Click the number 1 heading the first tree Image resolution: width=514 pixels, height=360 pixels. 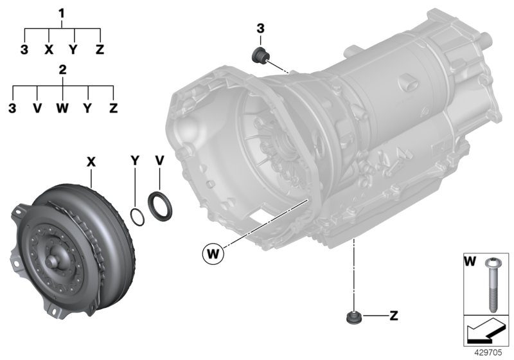click(x=62, y=13)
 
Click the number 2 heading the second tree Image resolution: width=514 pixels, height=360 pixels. click(x=62, y=70)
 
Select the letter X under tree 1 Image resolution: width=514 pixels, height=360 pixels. click(x=49, y=49)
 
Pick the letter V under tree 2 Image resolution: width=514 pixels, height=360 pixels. click(x=37, y=107)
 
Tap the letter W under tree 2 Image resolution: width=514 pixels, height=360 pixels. click(x=62, y=107)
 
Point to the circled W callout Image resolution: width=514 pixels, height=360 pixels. click(x=213, y=253)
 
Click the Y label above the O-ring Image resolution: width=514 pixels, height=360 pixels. click(x=135, y=159)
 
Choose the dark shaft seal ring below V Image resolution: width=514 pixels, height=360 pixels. click(x=158, y=206)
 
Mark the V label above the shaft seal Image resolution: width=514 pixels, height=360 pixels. click(x=159, y=159)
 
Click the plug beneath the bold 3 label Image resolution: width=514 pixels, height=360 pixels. click(x=261, y=55)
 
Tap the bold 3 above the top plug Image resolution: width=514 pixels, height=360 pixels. click(x=260, y=28)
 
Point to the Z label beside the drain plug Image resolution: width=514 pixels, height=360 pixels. click(x=393, y=316)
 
